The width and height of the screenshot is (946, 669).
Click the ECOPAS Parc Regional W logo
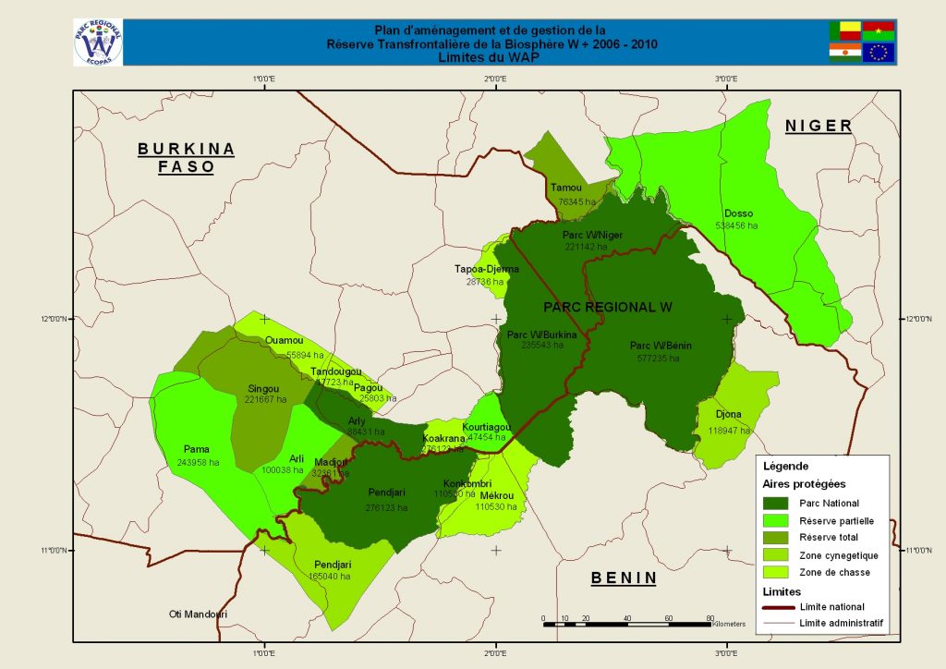pyautogui.click(x=97, y=42)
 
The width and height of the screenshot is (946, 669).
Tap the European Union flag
pyautogui.click(x=879, y=53)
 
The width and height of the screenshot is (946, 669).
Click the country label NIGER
pyautogui.click(x=818, y=126)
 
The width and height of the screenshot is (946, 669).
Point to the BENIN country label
pyautogui.click(x=624, y=578)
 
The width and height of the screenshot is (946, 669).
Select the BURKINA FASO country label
pyautogui.click(x=186, y=158)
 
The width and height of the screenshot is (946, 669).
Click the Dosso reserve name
pyautogui.click(x=738, y=213)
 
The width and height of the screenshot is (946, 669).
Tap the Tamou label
pyautogui.click(x=565, y=188)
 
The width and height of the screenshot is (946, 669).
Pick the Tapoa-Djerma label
pyautogui.click(x=487, y=269)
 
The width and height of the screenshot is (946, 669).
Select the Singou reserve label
pyautogui.click(x=264, y=388)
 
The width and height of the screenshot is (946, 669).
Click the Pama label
pyautogui.click(x=197, y=449)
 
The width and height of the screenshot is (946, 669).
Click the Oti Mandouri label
pyautogui.click(x=198, y=614)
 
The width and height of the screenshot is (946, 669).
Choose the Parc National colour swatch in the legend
pyautogui.click(x=786, y=503)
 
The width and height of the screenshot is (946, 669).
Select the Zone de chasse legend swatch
pyautogui.click(x=786, y=572)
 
